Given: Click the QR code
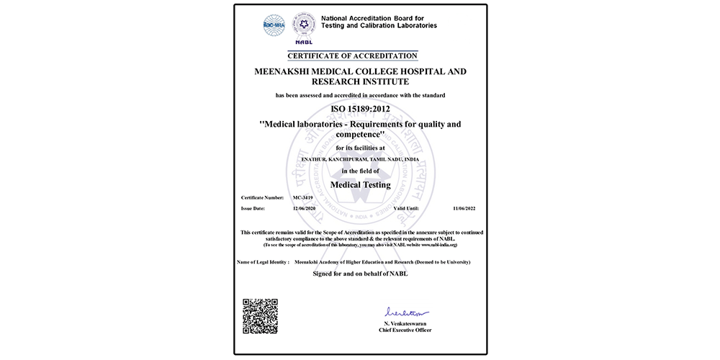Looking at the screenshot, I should click(261, 316).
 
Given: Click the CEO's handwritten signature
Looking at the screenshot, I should click(407, 313).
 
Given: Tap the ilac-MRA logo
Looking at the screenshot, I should click(273, 24).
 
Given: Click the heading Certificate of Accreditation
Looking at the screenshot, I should click(352, 55).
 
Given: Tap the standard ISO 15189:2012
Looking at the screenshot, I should click(360, 109).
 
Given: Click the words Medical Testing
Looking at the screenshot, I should click(360, 184).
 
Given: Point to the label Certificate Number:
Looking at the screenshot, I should click(262, 196).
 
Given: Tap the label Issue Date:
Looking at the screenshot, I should click(253, 207).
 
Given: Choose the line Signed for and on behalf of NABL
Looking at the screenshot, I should click(360, 274).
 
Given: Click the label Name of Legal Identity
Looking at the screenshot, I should click(264, 262).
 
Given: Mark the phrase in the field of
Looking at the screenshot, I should click(360, 170).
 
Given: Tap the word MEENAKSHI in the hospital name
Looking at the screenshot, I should click(289, 71).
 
